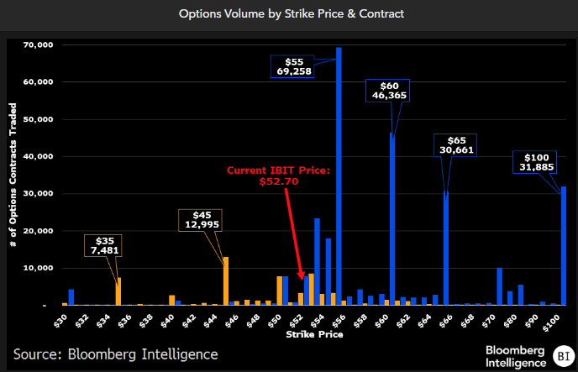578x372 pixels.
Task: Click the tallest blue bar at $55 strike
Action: point(339,176)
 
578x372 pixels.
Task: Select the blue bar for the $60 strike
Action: point(392,218)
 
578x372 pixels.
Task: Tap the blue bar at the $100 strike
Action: point(564,245)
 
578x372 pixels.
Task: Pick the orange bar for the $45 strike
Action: point(226,280)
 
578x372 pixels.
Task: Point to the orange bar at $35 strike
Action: point(118,291)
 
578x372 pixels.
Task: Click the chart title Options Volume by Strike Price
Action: point(288,14)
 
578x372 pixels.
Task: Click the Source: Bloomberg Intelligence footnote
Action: point(115,354)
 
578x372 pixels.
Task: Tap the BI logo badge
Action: point(561,354)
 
